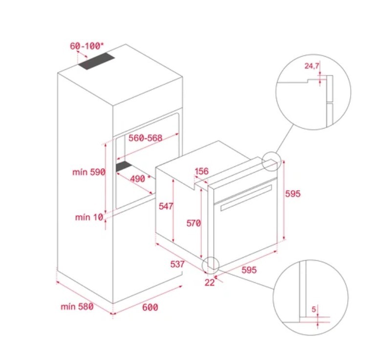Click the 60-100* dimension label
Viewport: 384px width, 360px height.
[87, 46]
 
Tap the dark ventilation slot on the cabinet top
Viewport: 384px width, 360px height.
[97, 61]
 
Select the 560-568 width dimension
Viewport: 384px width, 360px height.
[146, 138]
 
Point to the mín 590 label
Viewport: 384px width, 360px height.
[88, 172]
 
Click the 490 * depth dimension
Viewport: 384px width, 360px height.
[140, 179]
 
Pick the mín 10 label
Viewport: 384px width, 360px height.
[89, 217]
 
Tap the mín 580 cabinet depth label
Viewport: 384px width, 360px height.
[77, 306]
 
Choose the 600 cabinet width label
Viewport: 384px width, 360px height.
[150, 307]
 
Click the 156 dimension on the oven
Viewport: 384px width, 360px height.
[202, 171]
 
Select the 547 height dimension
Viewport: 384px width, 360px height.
[166, 206]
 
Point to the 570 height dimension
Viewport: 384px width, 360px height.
[193, 223]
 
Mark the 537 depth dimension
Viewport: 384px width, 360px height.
[177, 264]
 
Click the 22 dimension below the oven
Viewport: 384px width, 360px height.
[210, 283]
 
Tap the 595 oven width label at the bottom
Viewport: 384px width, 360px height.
[249, 270]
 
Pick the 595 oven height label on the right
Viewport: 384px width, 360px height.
[293, 194]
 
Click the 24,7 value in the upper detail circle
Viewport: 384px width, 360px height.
[312, 66]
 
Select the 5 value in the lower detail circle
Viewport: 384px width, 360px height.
[314, 309]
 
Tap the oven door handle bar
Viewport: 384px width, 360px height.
[246, 198]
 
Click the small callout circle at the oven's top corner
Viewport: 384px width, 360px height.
[271, 161]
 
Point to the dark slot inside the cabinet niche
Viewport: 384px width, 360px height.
[124, 166]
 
